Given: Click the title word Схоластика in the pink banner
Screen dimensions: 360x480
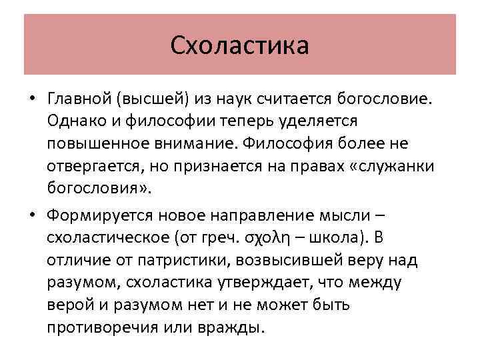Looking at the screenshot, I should tap(239, 45).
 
